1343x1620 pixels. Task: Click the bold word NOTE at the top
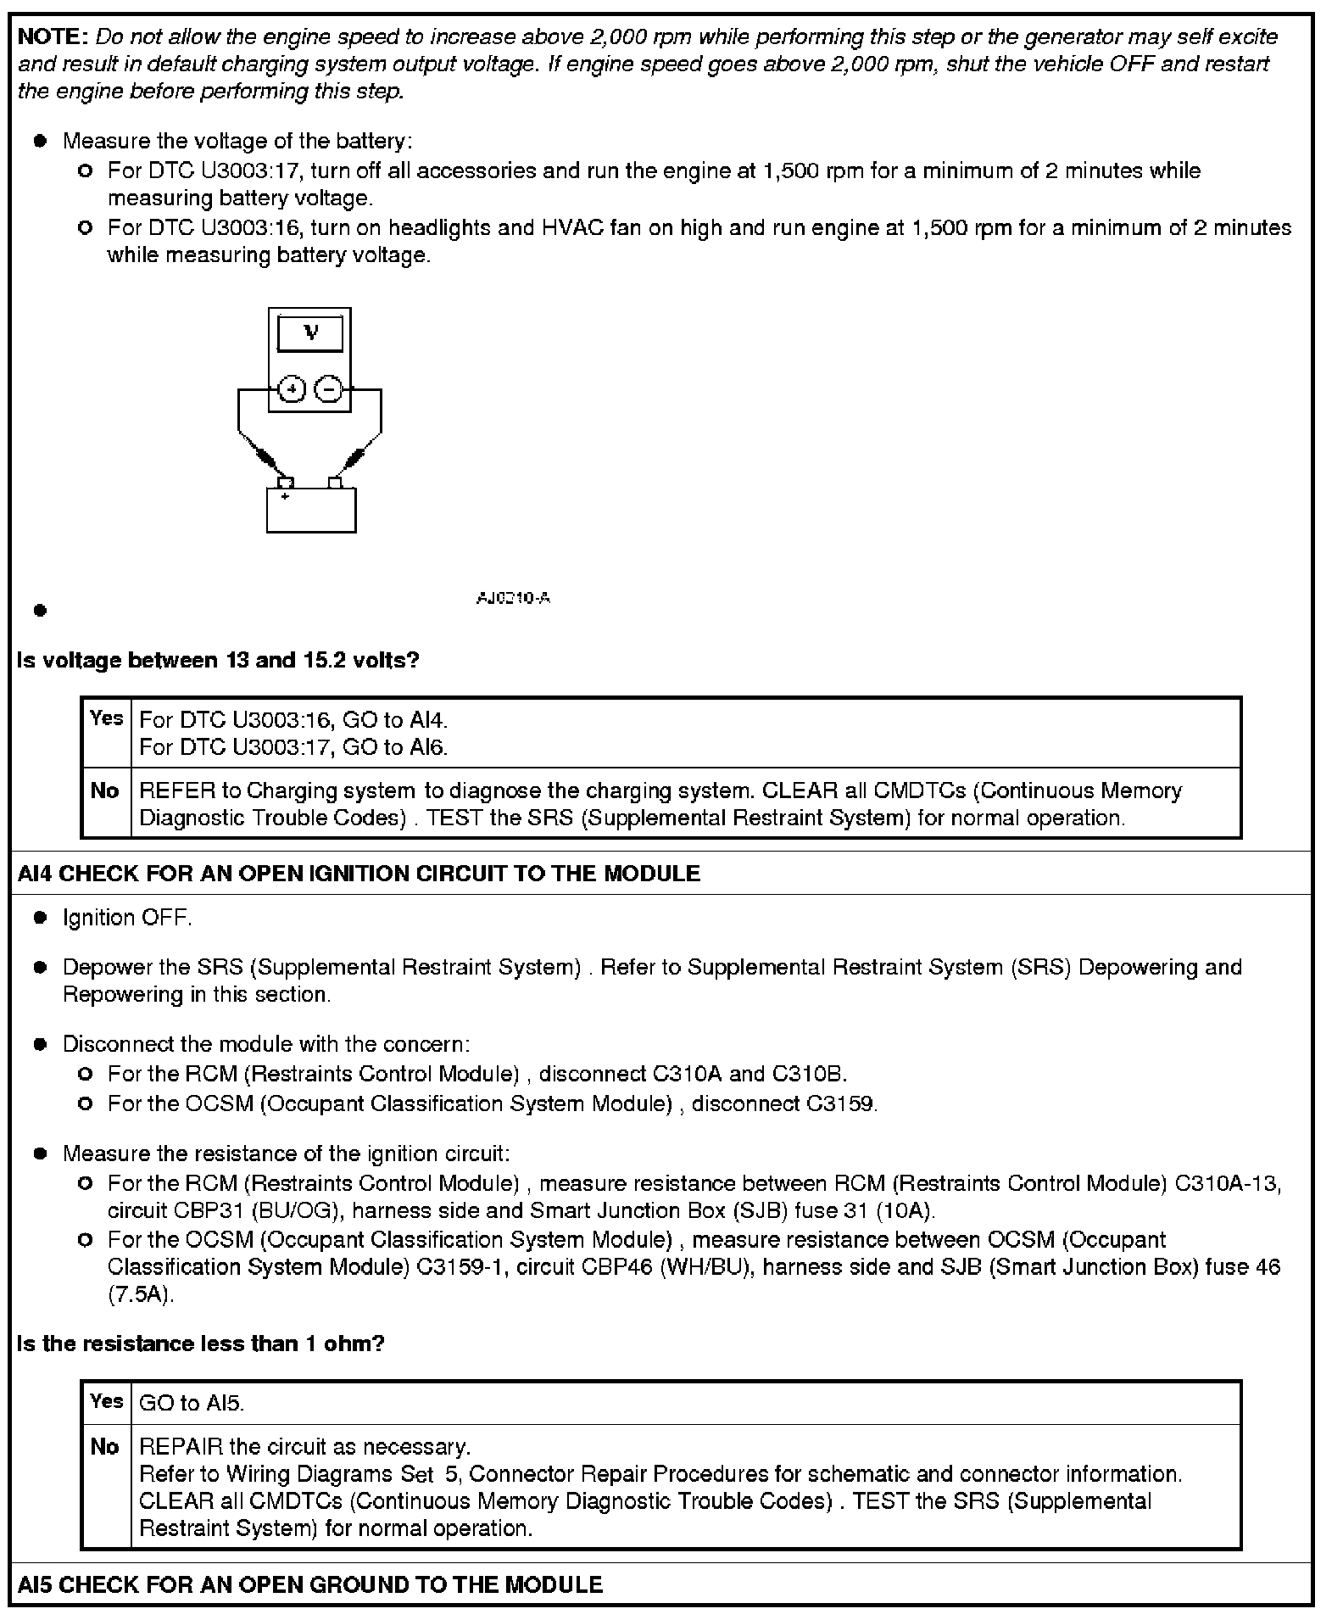point(52,37)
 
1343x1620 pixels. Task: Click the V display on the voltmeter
point(310,333)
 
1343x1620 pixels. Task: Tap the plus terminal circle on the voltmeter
point(292,389)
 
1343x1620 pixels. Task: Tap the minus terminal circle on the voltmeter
point(328,389)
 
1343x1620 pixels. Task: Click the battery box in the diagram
point(311,511)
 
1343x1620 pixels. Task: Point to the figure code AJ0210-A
point(513,598)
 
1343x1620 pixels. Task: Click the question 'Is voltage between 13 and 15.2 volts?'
point(218,660)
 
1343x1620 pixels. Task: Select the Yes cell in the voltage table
point(107,718)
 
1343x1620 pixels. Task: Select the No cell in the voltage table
point(105,790)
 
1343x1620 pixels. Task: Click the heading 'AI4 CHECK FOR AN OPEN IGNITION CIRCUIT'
point(359,874)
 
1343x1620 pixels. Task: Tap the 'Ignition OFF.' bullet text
point(127,918)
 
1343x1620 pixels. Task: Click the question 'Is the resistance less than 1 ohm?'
point(201,1343)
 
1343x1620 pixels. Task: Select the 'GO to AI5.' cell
point(192,1403)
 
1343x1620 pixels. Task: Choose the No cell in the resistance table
point(105,1447)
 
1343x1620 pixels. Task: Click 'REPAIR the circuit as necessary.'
point(304,1446)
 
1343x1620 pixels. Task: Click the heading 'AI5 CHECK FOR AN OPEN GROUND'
point(310,1584)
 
